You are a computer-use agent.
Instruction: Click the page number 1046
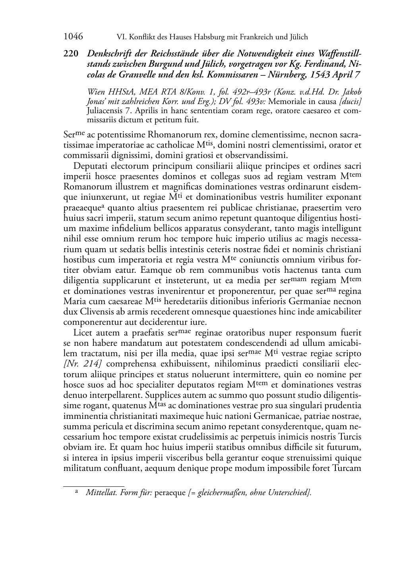click(x=73, y=37)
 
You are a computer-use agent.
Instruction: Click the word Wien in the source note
click(x=96, y=92)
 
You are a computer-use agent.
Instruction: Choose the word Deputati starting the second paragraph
click(x=90, y=166)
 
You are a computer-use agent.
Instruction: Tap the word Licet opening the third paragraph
click(x=82, y=332)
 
